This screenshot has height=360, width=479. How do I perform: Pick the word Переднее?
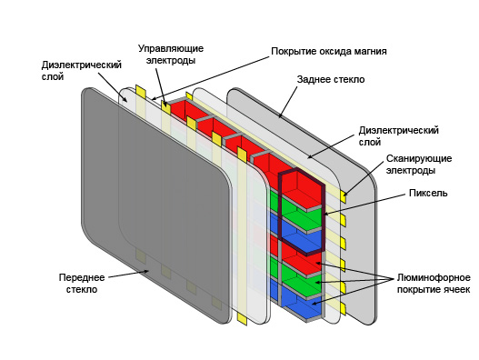click(x=83, y=275)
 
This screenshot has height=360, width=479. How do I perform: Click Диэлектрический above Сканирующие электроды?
click(x=399, y=130)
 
